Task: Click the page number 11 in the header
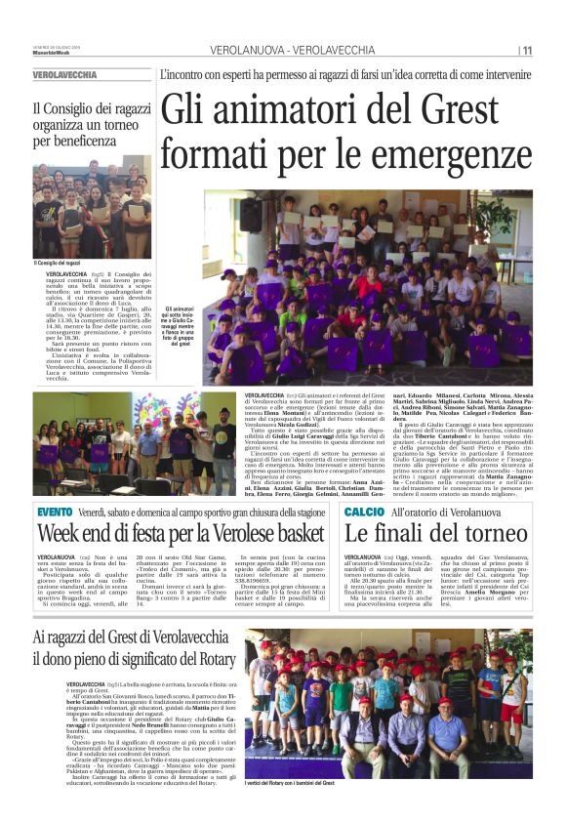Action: (527, 50)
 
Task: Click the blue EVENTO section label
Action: (55, 512)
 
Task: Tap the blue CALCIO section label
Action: (364, 512)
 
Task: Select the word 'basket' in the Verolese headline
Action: (292, 534)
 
